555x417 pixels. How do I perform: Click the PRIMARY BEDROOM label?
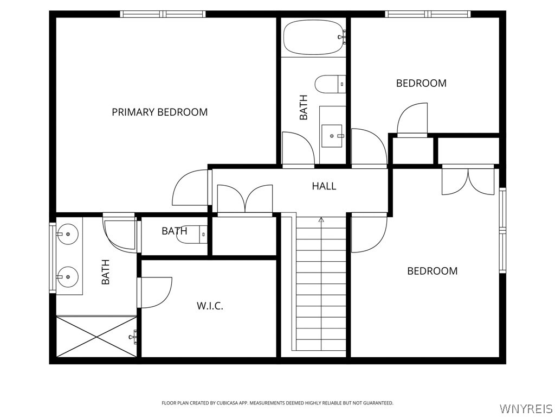[160, 112]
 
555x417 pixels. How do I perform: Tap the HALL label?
[324, 186]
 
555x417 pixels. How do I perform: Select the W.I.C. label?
[210, 306]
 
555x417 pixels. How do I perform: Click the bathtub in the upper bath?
[314, 37]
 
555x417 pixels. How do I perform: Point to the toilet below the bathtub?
[330, 84]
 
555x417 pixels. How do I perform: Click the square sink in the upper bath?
[332, 135]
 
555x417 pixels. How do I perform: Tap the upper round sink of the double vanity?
[68, 234]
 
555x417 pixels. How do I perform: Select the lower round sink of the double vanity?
[68, 277]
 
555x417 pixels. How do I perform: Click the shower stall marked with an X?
[96, 337]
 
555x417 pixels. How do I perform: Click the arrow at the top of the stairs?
[321, 219]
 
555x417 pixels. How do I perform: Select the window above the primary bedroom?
[163, 14]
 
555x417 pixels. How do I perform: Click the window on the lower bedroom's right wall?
[502, 230]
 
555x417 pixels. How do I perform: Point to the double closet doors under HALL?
[244, 199]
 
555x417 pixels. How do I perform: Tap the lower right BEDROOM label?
[432, 271]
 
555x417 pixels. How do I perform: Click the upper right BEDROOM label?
[421, 83]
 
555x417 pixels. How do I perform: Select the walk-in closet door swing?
[155, 293]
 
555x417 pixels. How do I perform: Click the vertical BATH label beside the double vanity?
[106, 272]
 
